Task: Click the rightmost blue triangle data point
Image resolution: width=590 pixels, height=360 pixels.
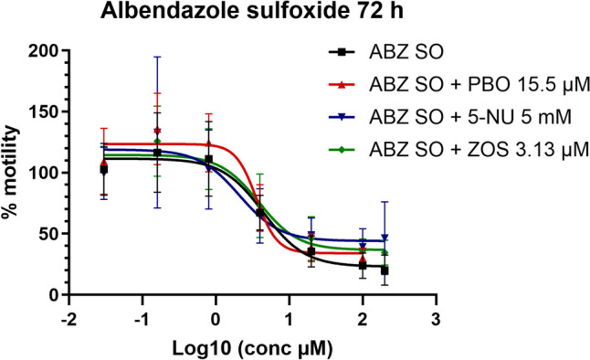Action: click(x=385, y=238)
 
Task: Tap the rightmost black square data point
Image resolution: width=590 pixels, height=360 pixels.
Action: click(x=385, y=270)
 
